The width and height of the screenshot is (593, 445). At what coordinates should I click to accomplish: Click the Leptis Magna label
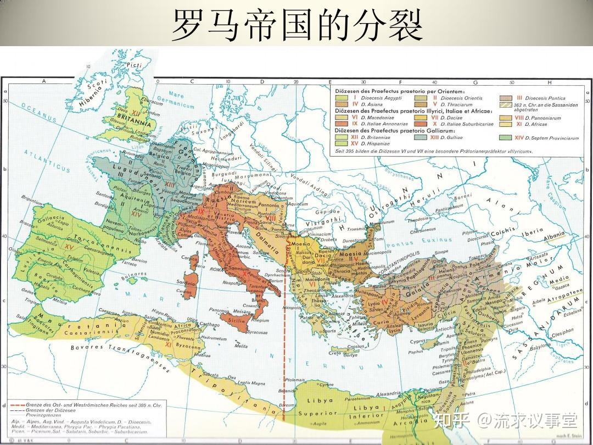pos(250,382)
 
